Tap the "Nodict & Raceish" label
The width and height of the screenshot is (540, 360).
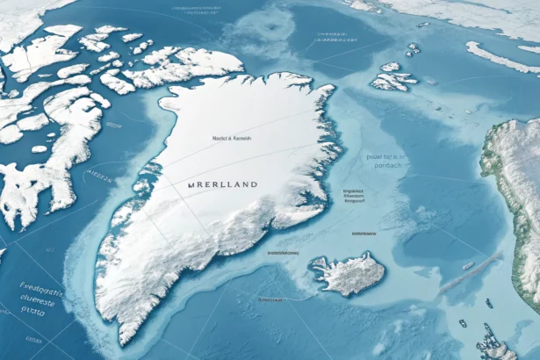(x=232, y=139)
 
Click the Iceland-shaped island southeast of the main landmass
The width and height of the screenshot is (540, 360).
(x=348, y=273)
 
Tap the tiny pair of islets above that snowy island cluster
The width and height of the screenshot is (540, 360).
(x=414, y=48)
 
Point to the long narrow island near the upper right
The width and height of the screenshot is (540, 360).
(x=501, y=57)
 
